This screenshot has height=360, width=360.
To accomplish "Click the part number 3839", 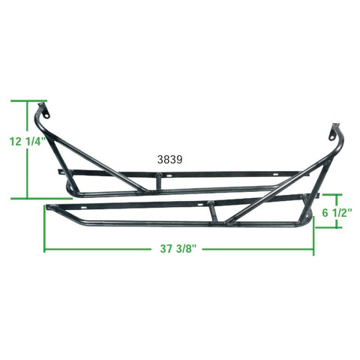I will [170, 159].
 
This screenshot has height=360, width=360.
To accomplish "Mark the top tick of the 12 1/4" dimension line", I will [28, 100].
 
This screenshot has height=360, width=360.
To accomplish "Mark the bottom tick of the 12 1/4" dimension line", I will [28, 199].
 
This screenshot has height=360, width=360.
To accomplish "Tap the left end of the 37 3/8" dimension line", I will [44, 249].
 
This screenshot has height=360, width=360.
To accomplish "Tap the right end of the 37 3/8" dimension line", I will [313, 249].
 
